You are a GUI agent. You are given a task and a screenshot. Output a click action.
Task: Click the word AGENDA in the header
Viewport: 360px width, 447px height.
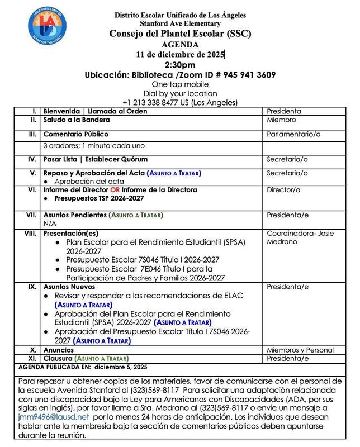point(179,44)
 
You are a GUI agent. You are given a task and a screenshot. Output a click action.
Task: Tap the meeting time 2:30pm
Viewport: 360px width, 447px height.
point(179,65)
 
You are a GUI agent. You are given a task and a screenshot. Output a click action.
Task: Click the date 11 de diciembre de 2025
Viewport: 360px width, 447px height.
point(179,54)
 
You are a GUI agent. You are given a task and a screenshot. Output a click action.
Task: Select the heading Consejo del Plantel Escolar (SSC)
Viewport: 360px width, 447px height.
point(179,34)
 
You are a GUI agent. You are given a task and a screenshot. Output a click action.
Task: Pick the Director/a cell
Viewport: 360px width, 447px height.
point(285,190)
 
